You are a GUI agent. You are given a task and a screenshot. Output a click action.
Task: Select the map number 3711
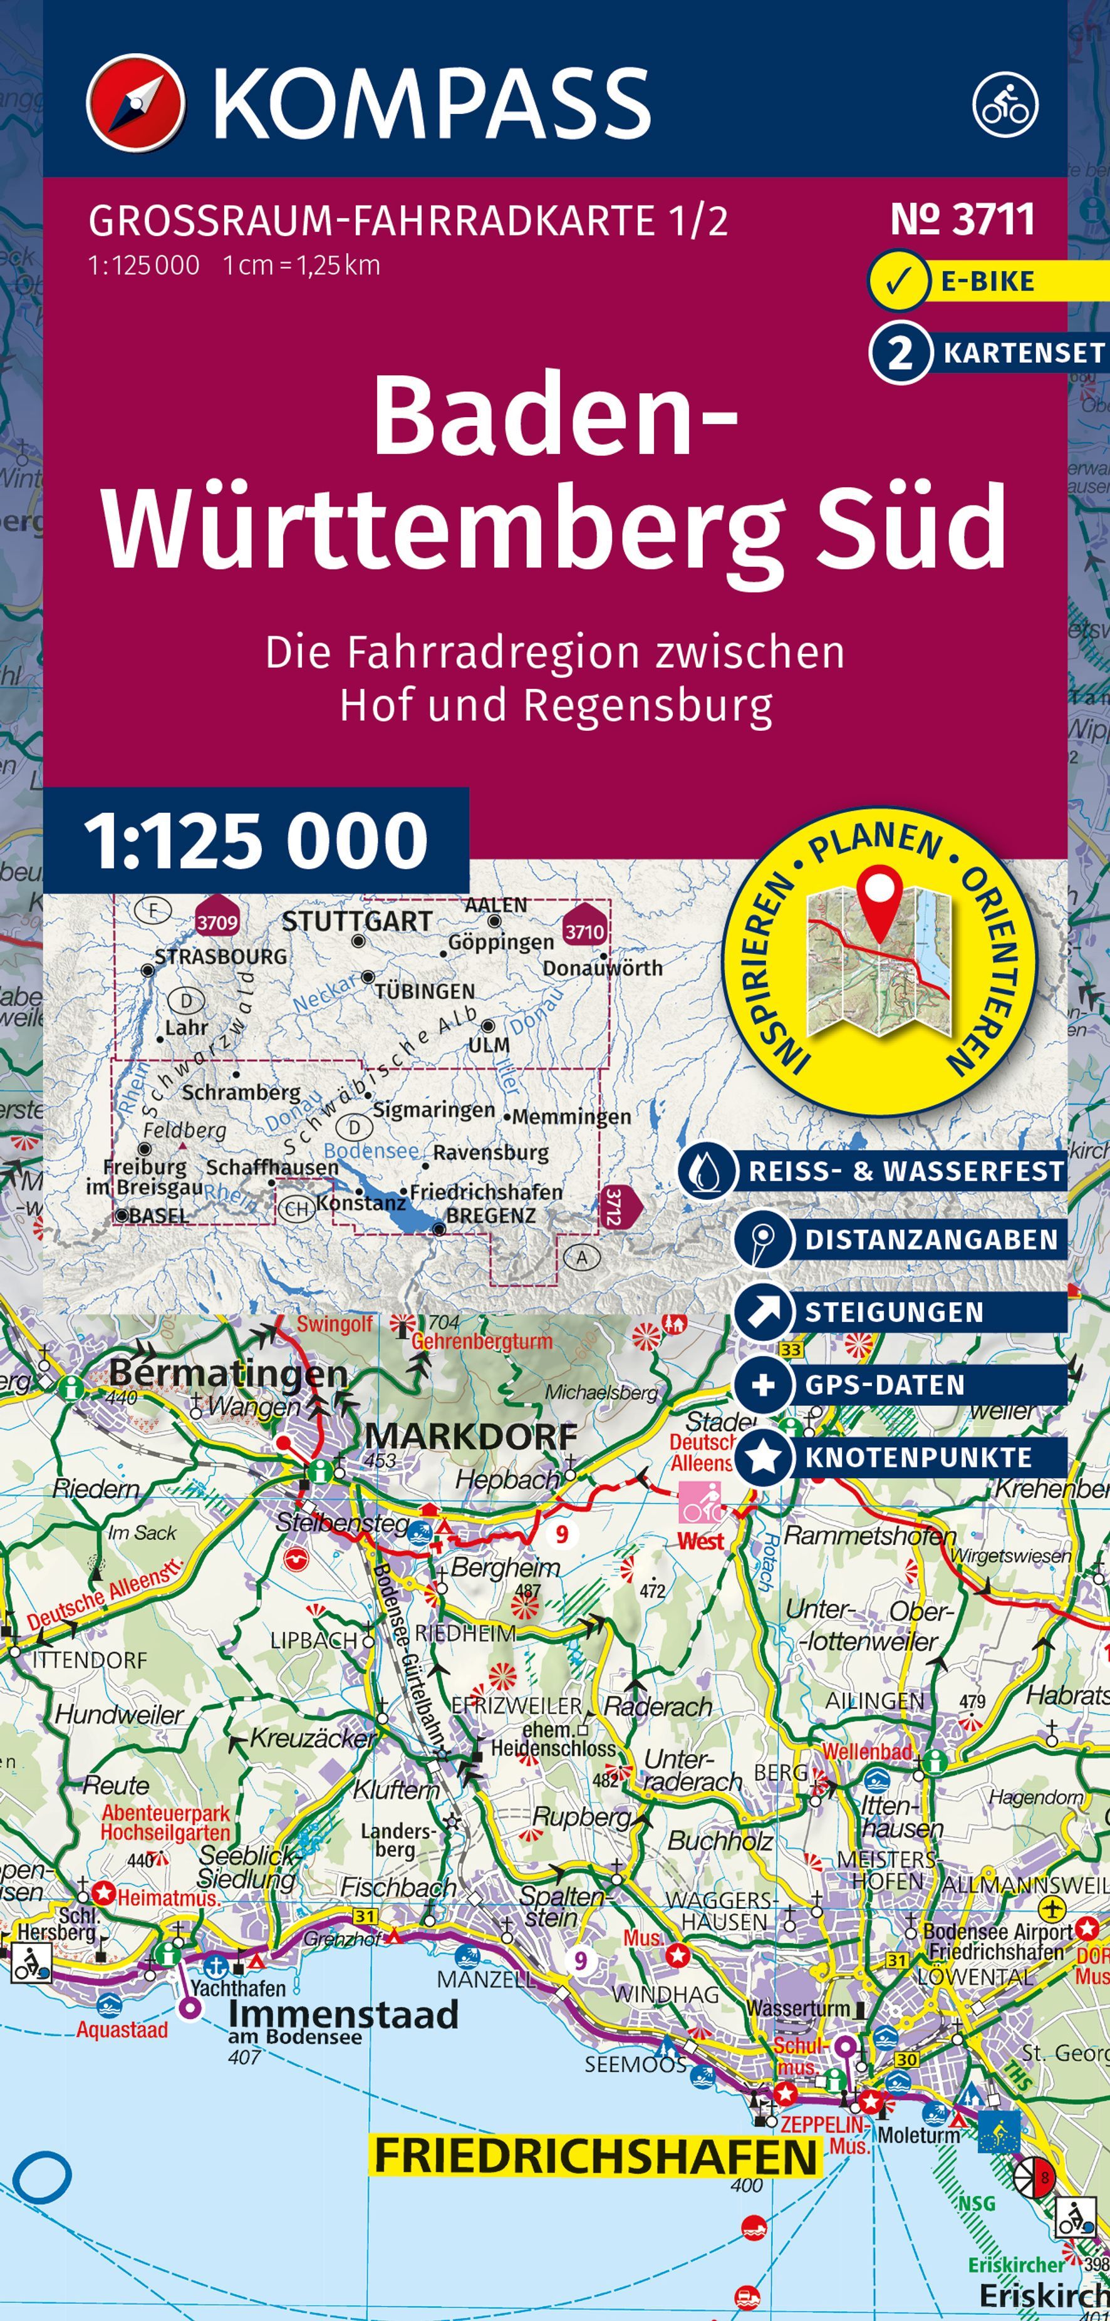tap(962, 220)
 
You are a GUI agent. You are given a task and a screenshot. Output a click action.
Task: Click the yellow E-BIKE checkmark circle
tap(898, 281)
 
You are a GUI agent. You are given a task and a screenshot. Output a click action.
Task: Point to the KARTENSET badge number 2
tap(899, 353)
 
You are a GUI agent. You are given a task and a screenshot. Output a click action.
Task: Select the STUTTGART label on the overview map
tap(357, 921)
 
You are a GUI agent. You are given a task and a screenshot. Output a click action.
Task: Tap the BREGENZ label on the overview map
tap(491, 1216)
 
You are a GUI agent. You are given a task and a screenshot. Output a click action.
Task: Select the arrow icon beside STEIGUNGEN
tap(763, 1312)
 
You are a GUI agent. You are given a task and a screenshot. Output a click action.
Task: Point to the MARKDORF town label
tap(470, 1436)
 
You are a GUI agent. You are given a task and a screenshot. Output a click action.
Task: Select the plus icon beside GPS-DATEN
tap(763, 1385)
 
